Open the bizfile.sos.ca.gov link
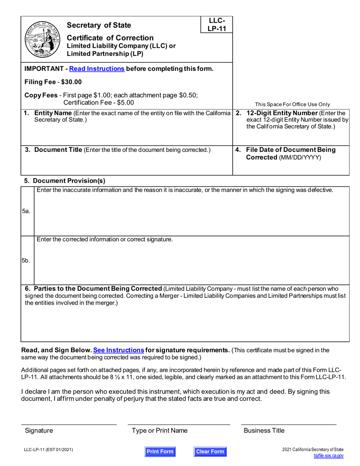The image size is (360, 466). coord(329,457)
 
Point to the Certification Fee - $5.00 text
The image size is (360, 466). coord(99,102)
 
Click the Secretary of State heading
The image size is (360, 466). coord(99,25)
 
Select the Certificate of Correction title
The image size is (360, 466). coord(110,38)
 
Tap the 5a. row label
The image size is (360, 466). coord(26,211)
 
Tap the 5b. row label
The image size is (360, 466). coord(26,261)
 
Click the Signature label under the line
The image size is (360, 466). coord(39,430)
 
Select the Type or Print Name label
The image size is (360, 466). coord(160,430)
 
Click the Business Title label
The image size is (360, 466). coord(264,430)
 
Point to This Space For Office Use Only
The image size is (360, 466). coord(293,105)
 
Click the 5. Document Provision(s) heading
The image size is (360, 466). coord(65,181)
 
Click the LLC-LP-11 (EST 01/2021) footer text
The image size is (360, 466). coord(49,450)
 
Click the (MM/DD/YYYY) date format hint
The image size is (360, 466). coord(300,157)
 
